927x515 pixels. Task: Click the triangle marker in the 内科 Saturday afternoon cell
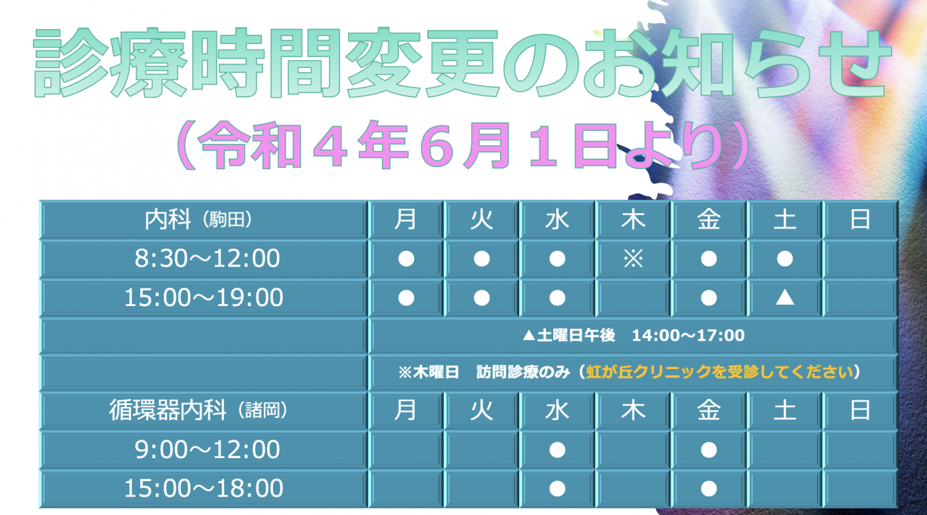pos(785,297)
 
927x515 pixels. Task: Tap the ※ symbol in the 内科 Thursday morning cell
pos(633,259)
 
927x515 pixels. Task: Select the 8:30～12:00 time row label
pos(207,258)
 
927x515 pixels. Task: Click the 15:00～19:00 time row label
pos(203,297)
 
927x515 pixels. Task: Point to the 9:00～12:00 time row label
pos(207,449)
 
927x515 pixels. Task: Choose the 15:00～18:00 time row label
pos(203,488)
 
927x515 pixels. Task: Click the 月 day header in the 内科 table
pos(405,219)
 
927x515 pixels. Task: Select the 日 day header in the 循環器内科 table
pos(860,411)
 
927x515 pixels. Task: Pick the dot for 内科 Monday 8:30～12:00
pos(406,259)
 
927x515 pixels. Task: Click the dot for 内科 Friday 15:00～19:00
pos(709,297)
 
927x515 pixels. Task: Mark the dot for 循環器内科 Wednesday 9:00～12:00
pos(557,449)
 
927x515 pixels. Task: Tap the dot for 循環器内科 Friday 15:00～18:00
pos(709,488)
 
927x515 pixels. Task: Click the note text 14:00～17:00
pos(688,335)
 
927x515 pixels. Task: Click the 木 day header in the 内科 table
pos(633,219)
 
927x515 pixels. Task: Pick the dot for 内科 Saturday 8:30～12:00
pos(785,259)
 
